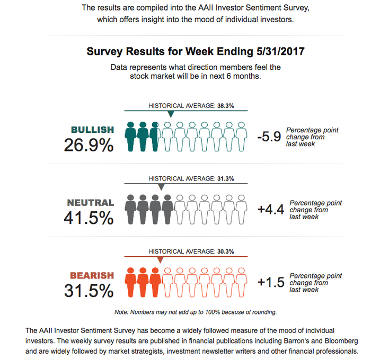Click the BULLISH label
coord(93,130)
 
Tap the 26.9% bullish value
coord(89,145)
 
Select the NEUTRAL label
coord(91,203)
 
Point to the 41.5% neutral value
coord(89,218)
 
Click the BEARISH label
coord(92,275)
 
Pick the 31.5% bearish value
coord(89,291)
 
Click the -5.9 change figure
coord(269,137)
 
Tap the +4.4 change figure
coord(271,209)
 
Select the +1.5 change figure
coord(271,282)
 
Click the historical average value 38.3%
coord(226,106)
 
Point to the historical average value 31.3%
coord(226,178)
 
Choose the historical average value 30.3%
coord(226,251)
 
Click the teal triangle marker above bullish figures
coord(171,114)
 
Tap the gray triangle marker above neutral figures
coord(161,187)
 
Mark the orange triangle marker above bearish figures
coord(161,259)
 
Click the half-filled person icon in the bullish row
coord(155,137)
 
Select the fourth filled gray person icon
coord(167,210)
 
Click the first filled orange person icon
coord(130,282)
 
